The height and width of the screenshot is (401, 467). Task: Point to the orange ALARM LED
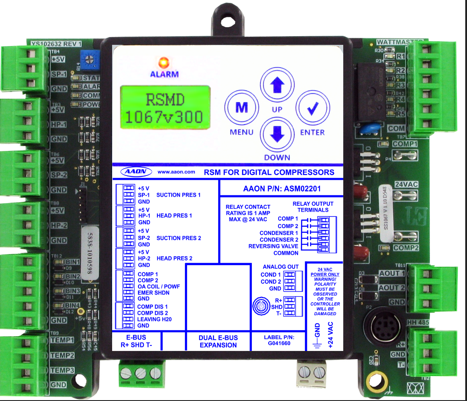click(x=164, y=63)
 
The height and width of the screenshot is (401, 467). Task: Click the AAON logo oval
click(x=136, y=172)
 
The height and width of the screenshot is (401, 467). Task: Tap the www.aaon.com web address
click(x=176, y=172)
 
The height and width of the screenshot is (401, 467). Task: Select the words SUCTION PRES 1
click(x=179, y=195)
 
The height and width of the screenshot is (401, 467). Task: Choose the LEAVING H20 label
click(x=154, y=319)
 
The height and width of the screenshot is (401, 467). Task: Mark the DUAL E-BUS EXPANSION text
click(x=218, y=341)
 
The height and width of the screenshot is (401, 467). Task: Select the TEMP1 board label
click(x=62, y=340)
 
